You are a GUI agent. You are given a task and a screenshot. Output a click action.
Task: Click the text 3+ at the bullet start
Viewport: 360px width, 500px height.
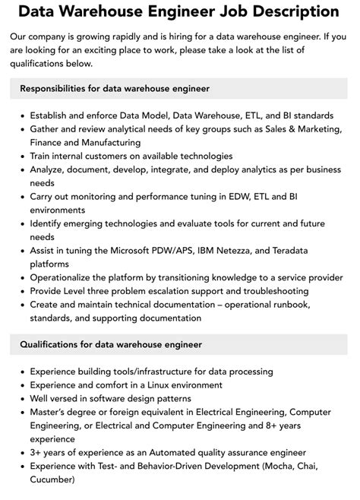pos(36,454)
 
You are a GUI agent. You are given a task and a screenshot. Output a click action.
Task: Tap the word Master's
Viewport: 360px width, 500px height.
pos(50,413)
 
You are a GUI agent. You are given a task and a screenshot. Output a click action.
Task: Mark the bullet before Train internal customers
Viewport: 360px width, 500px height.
pos(20,157)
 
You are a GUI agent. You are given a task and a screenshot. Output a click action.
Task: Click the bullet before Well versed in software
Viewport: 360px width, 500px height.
pos(20,399)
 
